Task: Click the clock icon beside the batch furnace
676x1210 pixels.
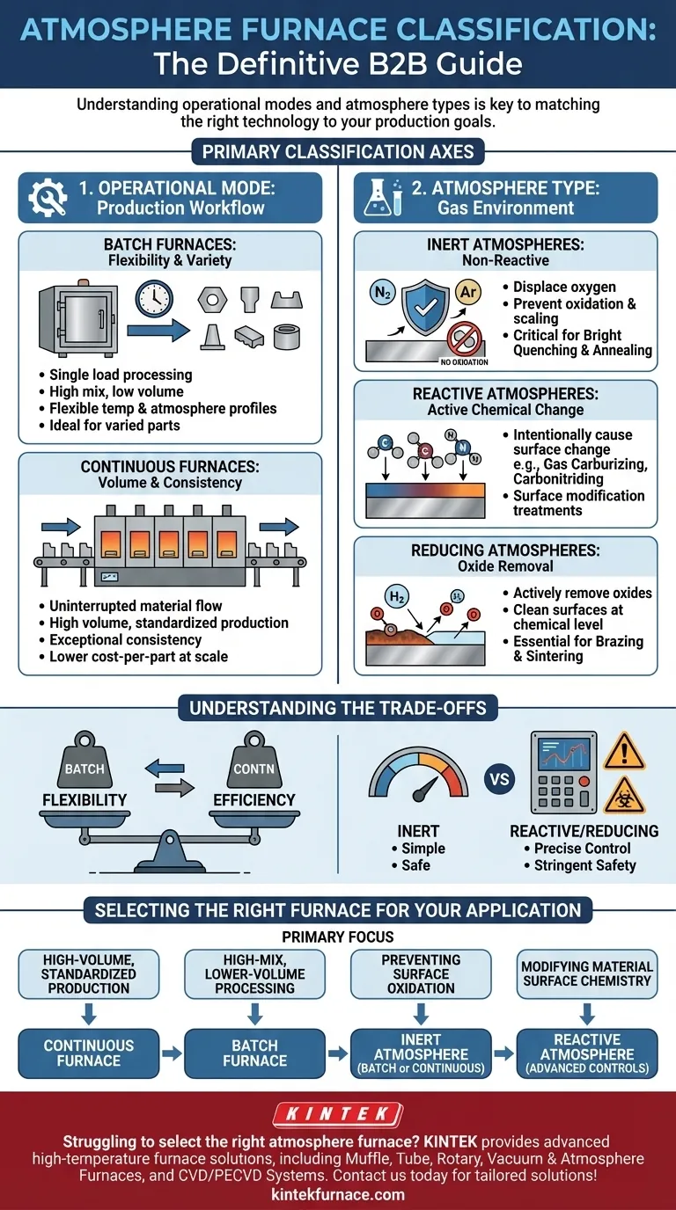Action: tap(154, 300)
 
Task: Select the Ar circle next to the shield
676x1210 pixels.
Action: tap(468, 292)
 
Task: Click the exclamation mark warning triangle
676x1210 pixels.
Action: tap(623, 751)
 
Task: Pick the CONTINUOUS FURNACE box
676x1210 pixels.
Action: tap(89, 1053)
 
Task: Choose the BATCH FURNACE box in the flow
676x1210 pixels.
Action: tap(254, 1053)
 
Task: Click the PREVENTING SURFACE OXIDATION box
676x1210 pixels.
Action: tap(421, 973)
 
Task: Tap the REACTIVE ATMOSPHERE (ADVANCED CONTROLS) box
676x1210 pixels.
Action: tap(587, 1053)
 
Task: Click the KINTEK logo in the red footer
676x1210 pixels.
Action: tap(338, 1114)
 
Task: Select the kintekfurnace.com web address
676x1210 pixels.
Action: tap(338, 1193)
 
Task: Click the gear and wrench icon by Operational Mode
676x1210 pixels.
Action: tap(48, 198)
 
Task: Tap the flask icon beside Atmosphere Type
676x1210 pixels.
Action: tap(382, 197)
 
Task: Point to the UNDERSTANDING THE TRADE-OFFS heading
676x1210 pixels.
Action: tap(338, 708)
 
